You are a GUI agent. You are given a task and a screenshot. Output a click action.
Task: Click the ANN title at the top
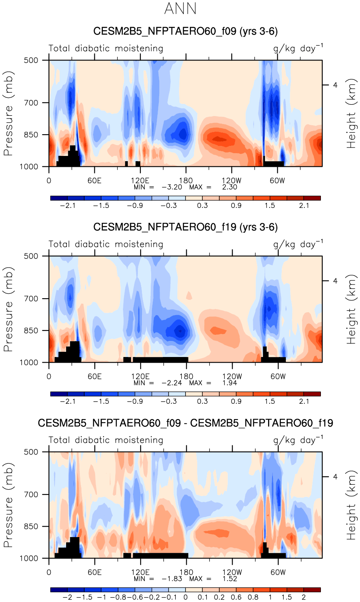click(x=180, y=9)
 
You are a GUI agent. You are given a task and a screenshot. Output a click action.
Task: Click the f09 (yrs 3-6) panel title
click(x=185, y=31)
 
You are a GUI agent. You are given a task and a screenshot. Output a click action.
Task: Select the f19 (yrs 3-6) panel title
click(x=185, y=227)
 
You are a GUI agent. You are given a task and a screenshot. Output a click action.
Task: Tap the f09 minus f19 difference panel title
click(x=185, y=423)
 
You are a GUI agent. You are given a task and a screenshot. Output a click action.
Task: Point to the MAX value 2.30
click(x=230, y=187)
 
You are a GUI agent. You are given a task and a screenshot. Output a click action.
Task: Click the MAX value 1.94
click(x=230, y=383)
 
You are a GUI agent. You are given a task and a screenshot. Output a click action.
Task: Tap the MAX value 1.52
click(x=230, y=579)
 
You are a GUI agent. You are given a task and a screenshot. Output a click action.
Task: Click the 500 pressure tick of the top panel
click(x=31, y=60)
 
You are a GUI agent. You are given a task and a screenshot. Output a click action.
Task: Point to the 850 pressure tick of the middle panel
click(x=31, y=331)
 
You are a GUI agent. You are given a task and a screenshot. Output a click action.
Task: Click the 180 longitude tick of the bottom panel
click(x=186, y=572)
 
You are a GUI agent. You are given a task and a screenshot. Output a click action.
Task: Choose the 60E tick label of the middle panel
click(x=94, y=376)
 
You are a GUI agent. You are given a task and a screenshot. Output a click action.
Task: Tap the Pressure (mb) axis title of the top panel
click(x=8, y=113)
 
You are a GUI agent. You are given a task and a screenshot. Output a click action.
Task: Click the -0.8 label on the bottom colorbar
click(x=120, y=597)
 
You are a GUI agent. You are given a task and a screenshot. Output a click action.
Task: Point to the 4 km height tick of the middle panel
click(x=335, y=281)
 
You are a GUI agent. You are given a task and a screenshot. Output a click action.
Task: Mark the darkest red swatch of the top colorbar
click(x=312, y=198)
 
